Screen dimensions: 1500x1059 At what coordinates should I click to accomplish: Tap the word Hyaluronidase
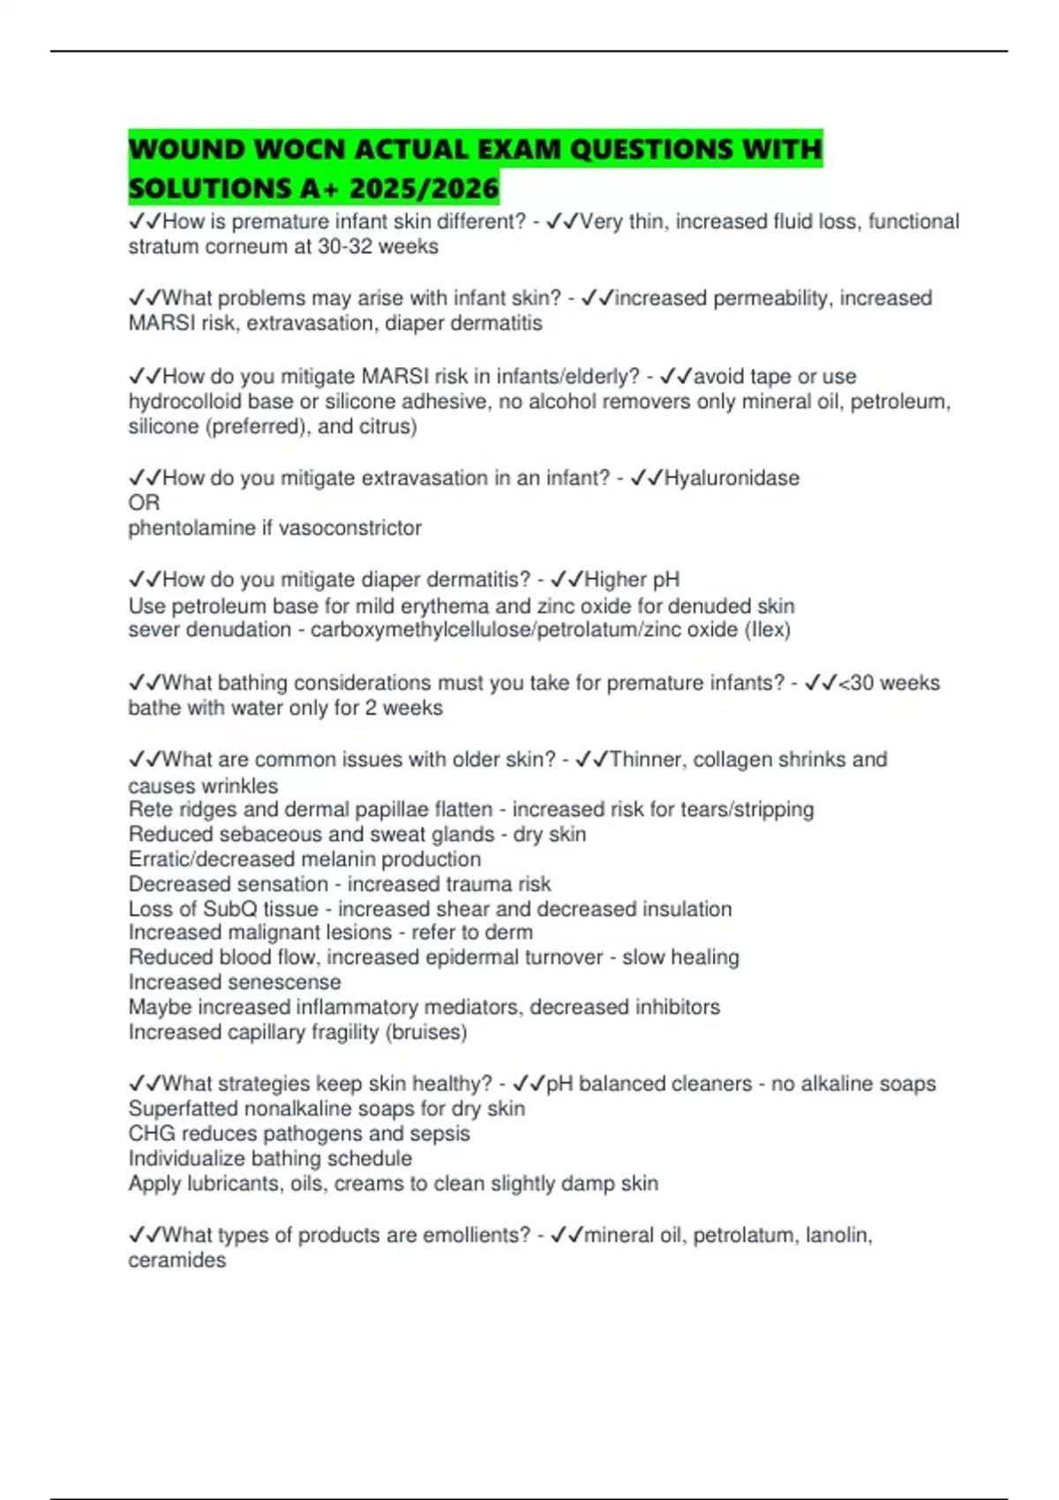(732, 478)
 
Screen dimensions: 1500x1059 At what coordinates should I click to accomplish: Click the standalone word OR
(144, 503)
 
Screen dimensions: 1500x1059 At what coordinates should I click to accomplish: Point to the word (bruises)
(426, 1032)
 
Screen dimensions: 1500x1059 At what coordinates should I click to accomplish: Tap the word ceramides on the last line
(176, 1260)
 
